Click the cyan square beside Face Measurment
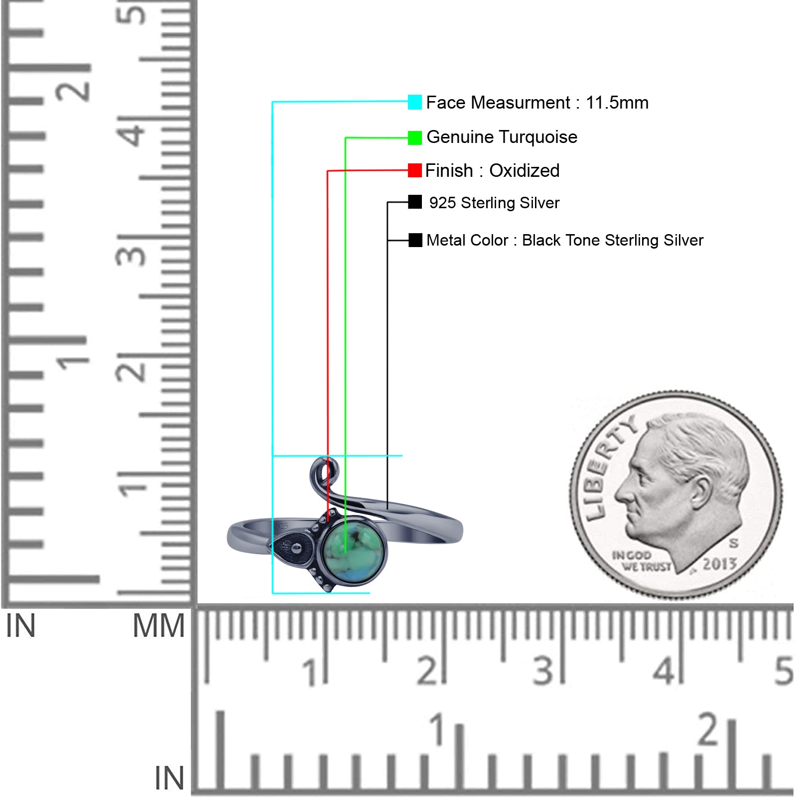click(x=414, y=102)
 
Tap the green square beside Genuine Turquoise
click(x=414, y=138)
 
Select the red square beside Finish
click(x=414, y=170)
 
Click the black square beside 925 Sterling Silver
click(x=414, y=202)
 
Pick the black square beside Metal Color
click(x=415, y=240)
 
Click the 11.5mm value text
click(x=617, y=103)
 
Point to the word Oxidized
click(x=524, y=170)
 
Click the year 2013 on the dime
click(x=719, y=564)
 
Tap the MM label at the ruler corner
click(x=158, y=626)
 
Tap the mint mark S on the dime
click(x=734, y=542)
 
